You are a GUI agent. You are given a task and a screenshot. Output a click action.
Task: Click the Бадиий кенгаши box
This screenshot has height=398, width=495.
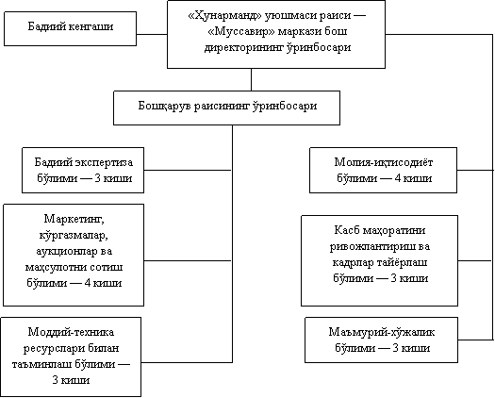(70, 28)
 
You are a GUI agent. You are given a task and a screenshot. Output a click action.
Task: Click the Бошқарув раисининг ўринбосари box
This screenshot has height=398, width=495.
(226, 108)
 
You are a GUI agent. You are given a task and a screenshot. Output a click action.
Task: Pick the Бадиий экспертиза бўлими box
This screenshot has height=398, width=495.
(83, 170)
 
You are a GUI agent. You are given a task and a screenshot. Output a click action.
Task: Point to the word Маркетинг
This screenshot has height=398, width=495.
(74, 219)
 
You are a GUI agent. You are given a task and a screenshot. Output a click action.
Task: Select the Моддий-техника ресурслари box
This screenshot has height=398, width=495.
(71, 357)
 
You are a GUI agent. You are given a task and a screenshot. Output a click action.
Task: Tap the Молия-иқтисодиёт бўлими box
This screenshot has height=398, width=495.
(383, 170)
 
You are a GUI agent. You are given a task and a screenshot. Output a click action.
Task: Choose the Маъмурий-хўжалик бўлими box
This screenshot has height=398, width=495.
(381, 340)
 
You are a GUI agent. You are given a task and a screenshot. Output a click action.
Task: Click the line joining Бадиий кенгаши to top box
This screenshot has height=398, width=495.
(152, 34)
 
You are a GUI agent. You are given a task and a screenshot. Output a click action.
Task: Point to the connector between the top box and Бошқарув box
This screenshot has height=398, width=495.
(252, 79)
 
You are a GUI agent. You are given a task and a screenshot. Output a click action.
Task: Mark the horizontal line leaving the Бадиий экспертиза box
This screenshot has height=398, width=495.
(188, 171)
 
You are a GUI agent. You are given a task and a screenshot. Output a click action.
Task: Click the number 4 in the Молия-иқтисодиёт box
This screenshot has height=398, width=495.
(398, 178)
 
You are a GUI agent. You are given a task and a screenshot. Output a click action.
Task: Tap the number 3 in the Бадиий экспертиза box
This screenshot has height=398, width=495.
(97, 178)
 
